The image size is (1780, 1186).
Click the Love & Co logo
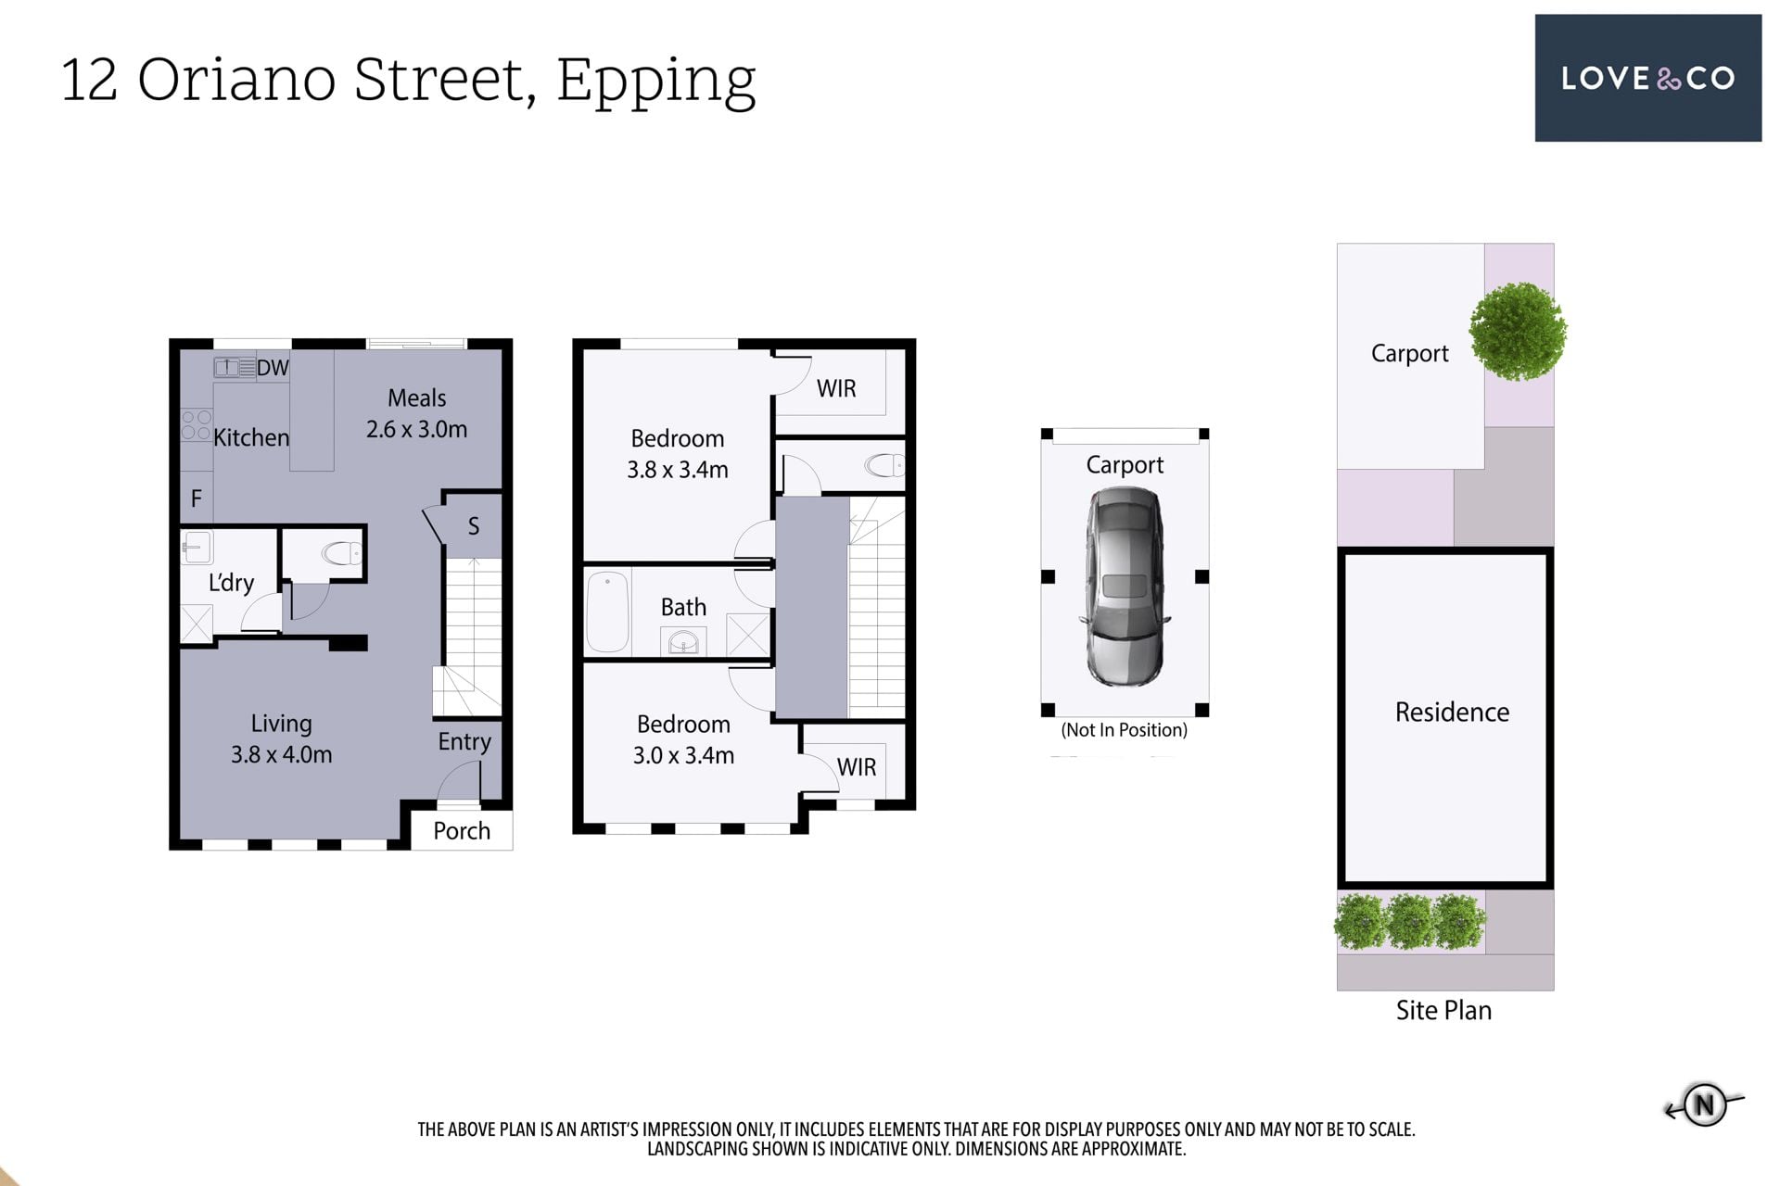coord(1647,78)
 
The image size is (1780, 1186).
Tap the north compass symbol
coord(1704,1104)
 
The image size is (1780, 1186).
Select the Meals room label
coord(416,398)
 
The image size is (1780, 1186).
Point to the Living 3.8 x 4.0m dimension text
coord(282,755)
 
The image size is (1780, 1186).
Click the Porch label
coord(462,830)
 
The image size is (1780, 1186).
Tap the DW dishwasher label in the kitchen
coord(273,368)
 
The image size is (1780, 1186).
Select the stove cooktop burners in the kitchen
coord(197,425)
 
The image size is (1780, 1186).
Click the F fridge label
coord(197,498)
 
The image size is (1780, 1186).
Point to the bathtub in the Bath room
coord(607,612)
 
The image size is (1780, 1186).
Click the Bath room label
coord(683,607)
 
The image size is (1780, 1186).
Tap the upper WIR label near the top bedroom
coord(836,388)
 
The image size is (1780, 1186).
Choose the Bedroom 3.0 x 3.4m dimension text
coord(683,756)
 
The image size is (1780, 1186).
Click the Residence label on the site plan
coord(1452,712)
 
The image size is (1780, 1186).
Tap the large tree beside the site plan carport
coord(1518,332)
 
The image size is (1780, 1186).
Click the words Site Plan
coord(1443,1010)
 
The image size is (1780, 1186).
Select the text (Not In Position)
coord(1124,730)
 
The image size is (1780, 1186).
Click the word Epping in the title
coord(656,82)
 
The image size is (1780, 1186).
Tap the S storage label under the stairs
coord(474,526)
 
